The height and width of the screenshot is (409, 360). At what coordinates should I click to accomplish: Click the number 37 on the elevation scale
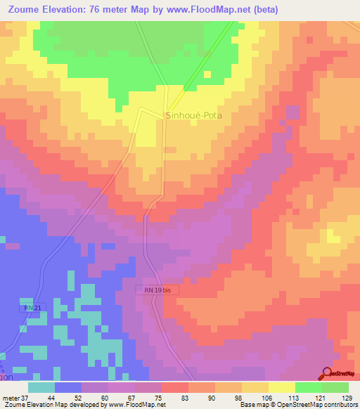[x=26, y=397]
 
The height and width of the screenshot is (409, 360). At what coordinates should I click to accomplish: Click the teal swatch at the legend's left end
[x=41, y=387]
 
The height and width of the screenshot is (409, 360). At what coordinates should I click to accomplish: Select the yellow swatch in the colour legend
[x=281, y=387]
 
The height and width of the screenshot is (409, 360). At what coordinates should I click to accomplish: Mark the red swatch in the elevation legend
[x=174, y=387]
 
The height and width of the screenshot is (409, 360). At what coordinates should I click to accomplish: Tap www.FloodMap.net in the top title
[x=214, y=10]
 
